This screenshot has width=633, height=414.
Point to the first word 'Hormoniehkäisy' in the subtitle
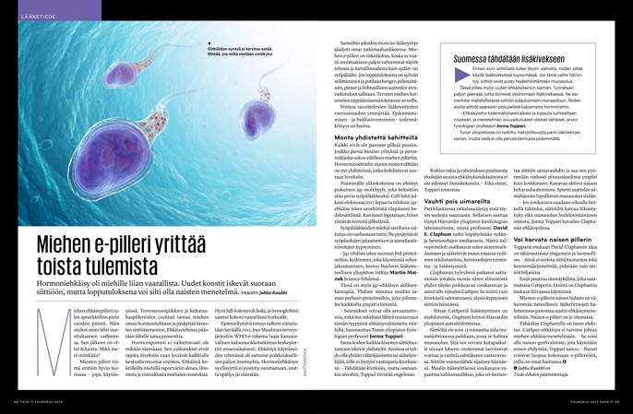[64, 288]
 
